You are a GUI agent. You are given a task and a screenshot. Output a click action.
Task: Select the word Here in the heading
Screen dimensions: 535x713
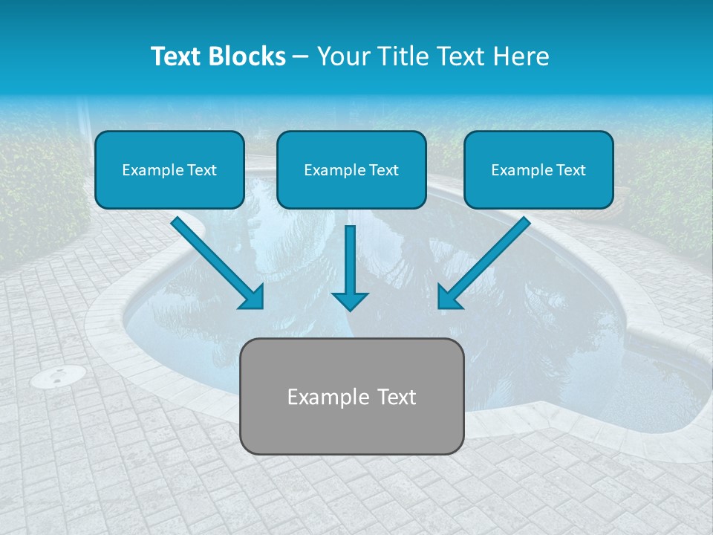point(519,56)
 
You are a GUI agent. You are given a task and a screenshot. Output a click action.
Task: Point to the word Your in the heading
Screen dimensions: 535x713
point(344,56)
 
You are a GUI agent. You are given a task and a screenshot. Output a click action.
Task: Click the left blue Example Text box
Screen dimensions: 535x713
point(169,169)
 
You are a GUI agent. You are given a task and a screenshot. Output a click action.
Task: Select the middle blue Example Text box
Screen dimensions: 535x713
point(351,169)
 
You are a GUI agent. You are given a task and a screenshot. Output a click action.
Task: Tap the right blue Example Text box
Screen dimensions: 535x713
point(538,169)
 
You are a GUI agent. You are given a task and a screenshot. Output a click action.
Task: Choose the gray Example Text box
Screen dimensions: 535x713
point(352,396)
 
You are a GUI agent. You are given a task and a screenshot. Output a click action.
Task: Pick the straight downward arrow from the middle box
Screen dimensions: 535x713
point(350,264)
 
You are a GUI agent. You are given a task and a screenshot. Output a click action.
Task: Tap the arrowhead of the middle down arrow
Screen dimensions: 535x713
point(350,300)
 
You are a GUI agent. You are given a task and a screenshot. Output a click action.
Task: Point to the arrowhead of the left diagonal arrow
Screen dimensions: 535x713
point(253,297)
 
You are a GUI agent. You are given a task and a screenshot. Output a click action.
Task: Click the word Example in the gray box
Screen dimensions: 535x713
point(325,397)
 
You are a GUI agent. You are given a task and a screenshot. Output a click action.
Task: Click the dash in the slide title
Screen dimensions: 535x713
point(301,56)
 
